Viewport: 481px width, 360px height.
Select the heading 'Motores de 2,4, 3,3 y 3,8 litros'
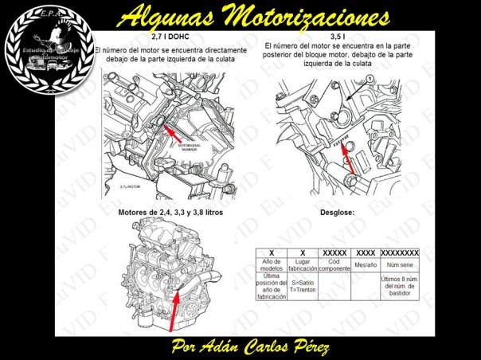coord(170,213)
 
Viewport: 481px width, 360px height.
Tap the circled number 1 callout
coord(369,78)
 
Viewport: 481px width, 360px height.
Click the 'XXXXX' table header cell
coord(334,252)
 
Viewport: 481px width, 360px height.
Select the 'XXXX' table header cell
coord(365,252)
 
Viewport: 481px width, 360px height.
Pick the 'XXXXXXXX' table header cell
coord(400,252)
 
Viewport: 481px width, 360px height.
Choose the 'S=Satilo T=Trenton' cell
coord(303,286)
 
